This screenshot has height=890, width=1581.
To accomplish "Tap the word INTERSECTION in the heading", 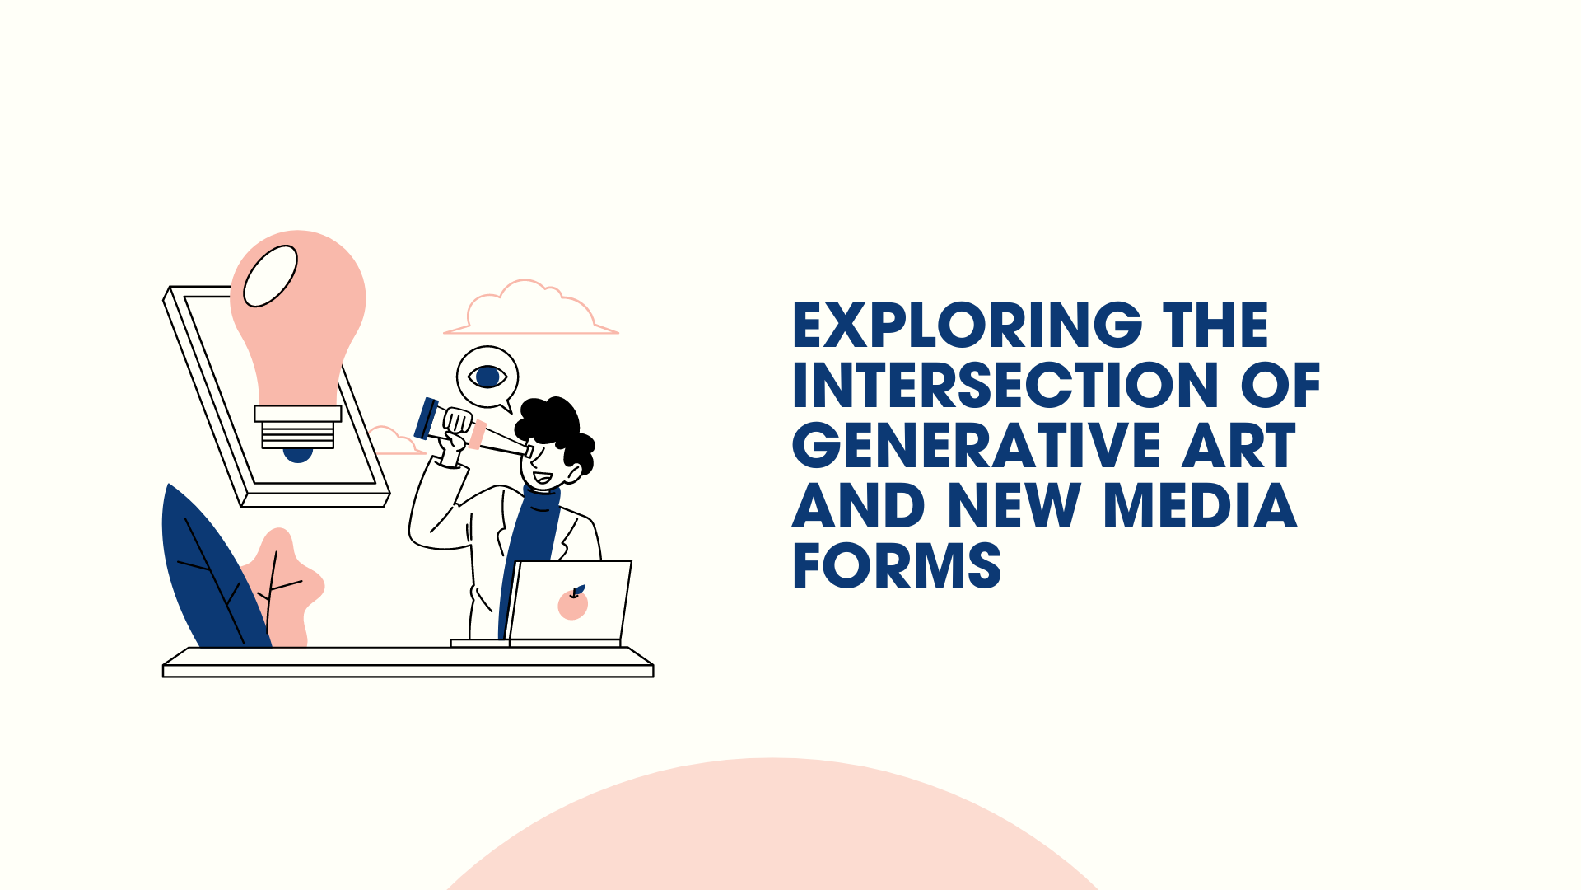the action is click(1005, 385).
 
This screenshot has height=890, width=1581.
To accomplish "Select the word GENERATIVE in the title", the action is click(977, 445).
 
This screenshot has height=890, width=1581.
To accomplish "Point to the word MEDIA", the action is click(1201, 505).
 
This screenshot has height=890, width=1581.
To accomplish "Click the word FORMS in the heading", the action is click(897, 565).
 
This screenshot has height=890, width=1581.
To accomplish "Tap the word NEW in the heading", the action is click(1014, 505).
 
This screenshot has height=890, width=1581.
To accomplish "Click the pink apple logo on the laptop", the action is click(573, 603).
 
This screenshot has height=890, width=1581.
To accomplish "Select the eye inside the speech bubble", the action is click(487, 377).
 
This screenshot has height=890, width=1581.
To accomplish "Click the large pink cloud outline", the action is click(531, 307).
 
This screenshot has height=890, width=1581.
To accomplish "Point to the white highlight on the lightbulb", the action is click(270, 276).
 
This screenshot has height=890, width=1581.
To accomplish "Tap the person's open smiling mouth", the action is click(541, 477).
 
